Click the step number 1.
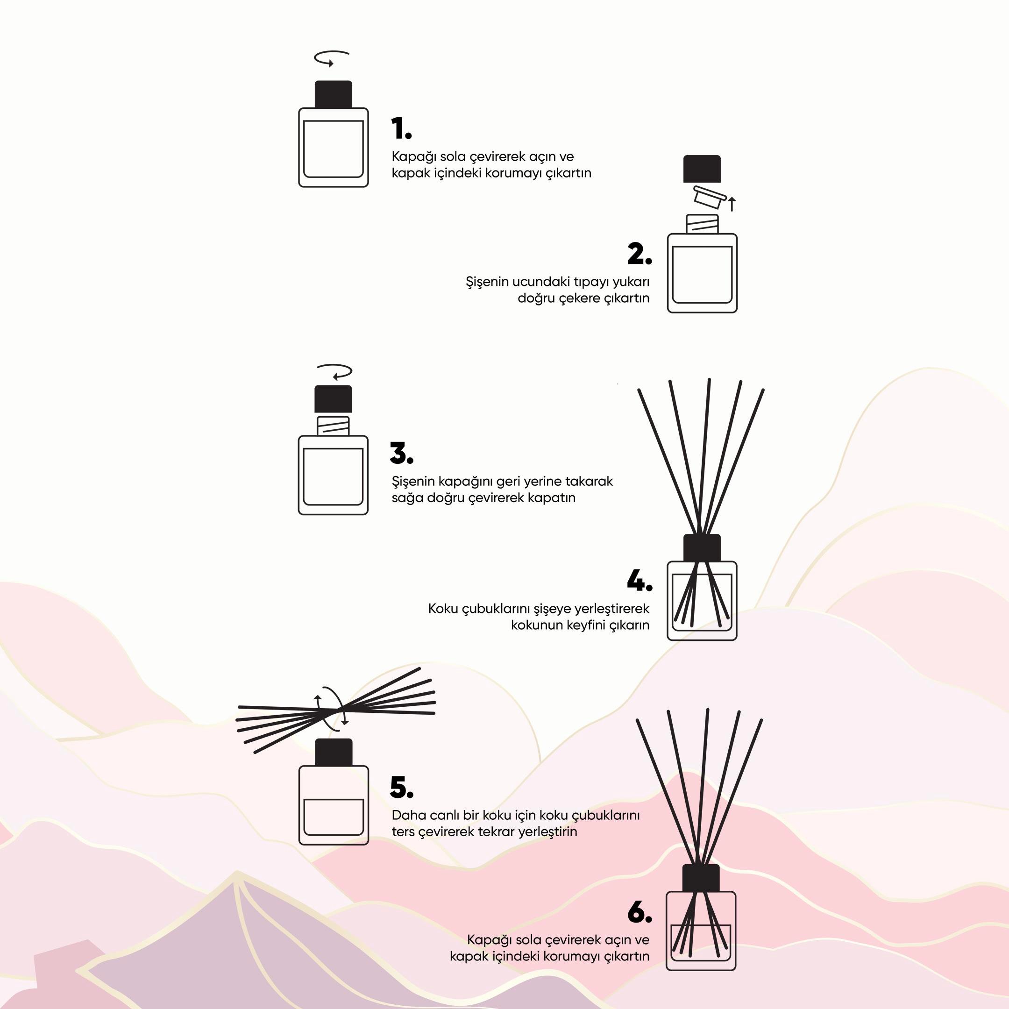(x=401, y=128)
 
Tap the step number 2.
(x=640, y=254)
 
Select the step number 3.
(x=401, y=453)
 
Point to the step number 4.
(x=640, y=580)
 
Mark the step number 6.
(x=640, y=912)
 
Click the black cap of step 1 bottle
(x=333, y=94)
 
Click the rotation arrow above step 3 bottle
(x=335, y=371)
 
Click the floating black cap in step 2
(x=702, y=169)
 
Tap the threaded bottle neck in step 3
(x=333, y=425)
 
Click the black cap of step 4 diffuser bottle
(x=702, y=548)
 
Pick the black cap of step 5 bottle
(x=334, y=753)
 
